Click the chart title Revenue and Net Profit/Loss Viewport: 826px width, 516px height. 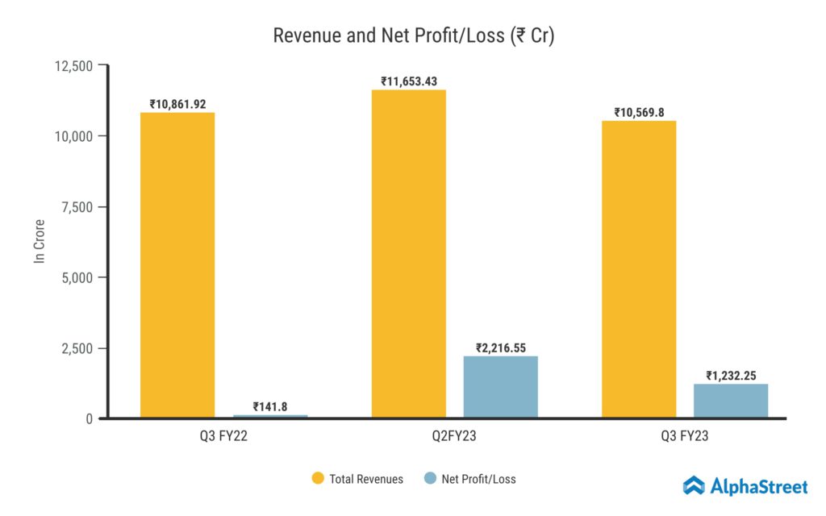(413, 36)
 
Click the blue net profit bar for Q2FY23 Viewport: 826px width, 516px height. (500, 386)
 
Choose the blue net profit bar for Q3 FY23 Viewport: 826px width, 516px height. (731, 401)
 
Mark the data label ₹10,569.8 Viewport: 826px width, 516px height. (639, 113)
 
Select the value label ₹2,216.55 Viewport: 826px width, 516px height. (500, 348)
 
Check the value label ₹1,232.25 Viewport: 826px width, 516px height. (731, 376)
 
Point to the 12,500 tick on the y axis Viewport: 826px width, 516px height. (73, 65)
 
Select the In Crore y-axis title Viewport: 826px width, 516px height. (38, 242)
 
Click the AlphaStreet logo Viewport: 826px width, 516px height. (745, 485)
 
